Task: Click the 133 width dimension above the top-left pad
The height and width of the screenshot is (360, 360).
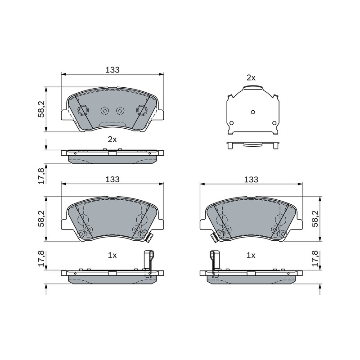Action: click(x=112, y=70)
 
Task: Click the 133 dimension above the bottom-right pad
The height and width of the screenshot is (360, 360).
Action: click(x=251, y=179)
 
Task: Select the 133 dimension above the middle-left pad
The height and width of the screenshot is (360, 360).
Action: click(x=112, y=179)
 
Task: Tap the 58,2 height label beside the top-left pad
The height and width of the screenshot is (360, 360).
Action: click(x=41, y=109)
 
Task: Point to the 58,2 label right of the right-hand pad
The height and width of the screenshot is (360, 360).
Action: click(x=315, y=219)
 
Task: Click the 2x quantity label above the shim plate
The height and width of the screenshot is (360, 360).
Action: click(x=251, y=78)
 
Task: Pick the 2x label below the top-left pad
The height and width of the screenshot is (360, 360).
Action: click(x=112, y=139)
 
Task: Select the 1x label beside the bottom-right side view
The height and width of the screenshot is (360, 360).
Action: click(x=251, y=255)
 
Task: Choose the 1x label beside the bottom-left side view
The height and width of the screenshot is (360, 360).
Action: click(x=112, y=255)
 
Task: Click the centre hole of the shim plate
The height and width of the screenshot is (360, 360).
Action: click(x=253, y=112)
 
